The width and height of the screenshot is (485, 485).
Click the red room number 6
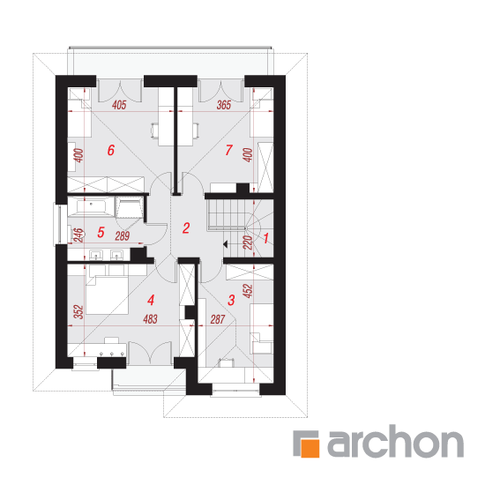tap(111, 150)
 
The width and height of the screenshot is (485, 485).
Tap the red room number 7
tap(228, 150)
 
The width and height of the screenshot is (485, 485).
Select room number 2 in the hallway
tap(186, 228)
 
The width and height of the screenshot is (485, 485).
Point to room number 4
tap(151, 300)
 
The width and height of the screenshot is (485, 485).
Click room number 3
tap(231, 300)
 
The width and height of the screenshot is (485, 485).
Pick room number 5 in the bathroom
tap(101, 232)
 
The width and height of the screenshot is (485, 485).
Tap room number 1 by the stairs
tap(265, 238)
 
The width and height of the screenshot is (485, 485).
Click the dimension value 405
tap(119, 105)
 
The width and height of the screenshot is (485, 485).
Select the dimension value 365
tap(224, 105)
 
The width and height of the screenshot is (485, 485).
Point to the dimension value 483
tap(150, 319)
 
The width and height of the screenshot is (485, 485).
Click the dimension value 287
tap(218, 319)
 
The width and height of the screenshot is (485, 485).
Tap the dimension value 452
tap(248, 291)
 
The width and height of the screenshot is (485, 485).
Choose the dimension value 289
tap(123, 236)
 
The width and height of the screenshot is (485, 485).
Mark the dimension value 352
tap(78, 312)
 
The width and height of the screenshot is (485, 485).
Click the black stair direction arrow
tap(225, 244)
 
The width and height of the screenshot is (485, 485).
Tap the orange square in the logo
tap(310, 448)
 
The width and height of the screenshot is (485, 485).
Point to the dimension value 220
tap(248, 242)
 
